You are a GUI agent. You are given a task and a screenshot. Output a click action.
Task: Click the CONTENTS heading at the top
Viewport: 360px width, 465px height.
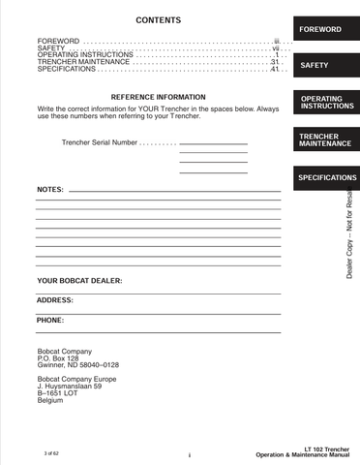(x=157, y=20)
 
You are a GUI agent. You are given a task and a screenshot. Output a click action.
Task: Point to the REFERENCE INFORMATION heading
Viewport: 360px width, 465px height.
(x=158, y=98)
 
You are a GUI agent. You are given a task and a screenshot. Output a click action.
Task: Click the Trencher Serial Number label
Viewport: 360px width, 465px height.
(x=99, y=142)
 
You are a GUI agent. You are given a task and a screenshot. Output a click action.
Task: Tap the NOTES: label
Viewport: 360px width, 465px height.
(x=50, y=189)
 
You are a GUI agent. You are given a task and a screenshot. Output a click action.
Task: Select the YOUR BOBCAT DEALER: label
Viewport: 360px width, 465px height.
(x=79, y=281)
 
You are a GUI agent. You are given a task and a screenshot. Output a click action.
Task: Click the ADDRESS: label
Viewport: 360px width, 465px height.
(x=55, y=300)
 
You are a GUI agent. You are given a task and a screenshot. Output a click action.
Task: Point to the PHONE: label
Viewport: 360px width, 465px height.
(x=50, y=320)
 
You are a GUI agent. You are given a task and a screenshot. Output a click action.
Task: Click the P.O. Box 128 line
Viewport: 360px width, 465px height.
(x=57, y=358)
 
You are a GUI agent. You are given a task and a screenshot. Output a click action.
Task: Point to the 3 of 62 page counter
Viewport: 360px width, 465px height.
(x=51, y=453)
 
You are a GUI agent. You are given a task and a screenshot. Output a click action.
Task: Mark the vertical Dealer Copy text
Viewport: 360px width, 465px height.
(x=349, y=232)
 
